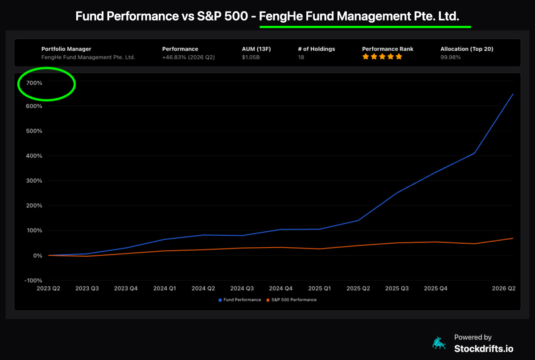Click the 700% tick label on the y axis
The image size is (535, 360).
pos(34,83)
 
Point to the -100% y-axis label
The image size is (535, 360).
pos(33,281)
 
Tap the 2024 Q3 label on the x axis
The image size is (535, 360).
pos(242,288)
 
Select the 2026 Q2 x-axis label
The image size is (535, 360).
pos(504,288)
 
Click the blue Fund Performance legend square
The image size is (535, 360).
pos(220,300)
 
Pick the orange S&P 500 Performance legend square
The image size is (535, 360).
pos(268,300)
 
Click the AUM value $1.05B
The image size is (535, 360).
pos(251,57)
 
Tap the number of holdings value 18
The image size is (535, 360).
pos(301,57)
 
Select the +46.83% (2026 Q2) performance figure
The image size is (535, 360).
pos(189,57)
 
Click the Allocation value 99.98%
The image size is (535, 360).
pos(450,57)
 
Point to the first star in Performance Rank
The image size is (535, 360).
pos(366,57)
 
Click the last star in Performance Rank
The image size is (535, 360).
pos(399,57)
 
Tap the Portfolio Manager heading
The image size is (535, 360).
pos(66,49)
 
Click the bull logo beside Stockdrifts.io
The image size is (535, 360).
pos(439,343)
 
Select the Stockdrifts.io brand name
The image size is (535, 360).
pos(484,349)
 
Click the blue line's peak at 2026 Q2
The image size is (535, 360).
pos(513,94)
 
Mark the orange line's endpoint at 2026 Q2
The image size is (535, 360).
pos(513,238)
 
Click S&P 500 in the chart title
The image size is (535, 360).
pos(222,16)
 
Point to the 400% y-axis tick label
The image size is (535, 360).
pos(34,156)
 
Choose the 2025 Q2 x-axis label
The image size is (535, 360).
pos(358,288)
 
